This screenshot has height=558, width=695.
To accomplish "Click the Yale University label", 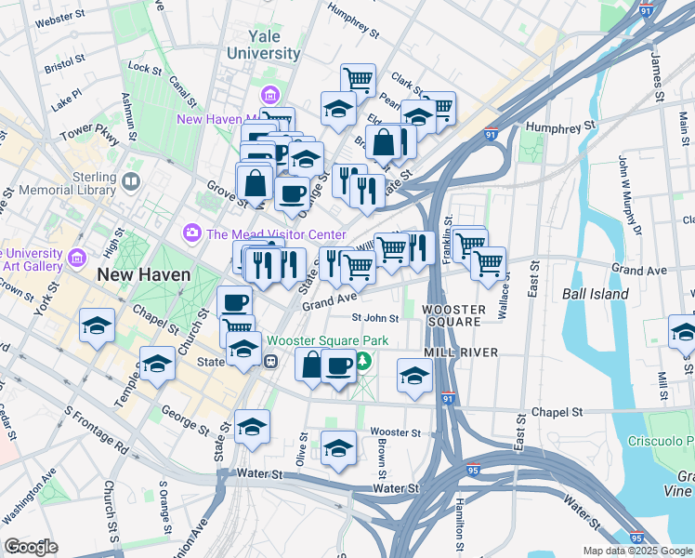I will click(264, 45).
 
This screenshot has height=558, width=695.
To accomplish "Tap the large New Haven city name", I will click(144, 274).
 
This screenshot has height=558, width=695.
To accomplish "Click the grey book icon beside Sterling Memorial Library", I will click(131, 180).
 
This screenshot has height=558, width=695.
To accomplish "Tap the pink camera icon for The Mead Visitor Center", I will click(192, 232).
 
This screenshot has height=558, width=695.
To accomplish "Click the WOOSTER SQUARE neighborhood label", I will click(451, 314).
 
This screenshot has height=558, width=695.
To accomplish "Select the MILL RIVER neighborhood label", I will click(462, 352).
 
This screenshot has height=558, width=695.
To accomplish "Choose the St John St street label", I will click(375, 318).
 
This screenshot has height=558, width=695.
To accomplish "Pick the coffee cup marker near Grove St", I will click(292, 193).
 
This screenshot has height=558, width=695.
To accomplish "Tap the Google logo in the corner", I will click(31, 546).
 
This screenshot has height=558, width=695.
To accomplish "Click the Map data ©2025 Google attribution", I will click(638, 551).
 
